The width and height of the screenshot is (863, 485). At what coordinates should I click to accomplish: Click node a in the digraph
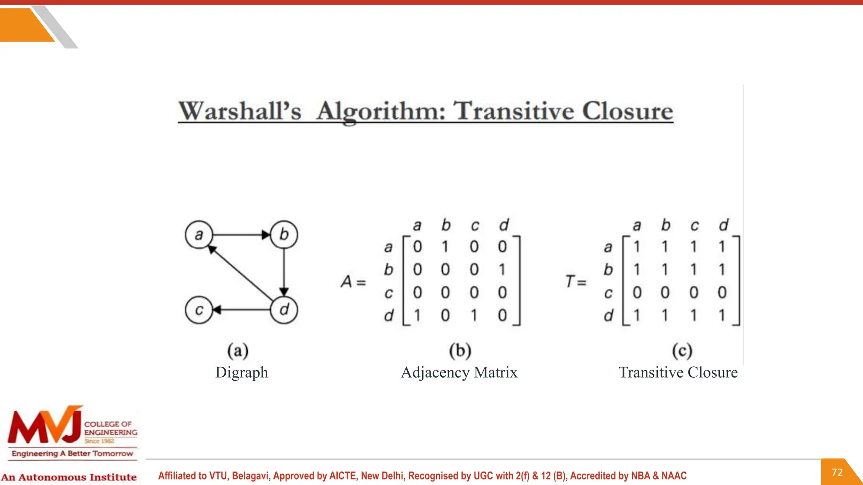[x=199, y=235]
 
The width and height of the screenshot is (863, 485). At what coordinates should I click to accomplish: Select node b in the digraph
[x=284, y=235]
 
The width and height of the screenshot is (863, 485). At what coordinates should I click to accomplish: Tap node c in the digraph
[x=199, y=310]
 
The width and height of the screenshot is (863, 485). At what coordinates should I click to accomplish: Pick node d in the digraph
[x=284, y=310]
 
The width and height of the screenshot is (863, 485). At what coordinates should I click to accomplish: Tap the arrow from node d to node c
[x=241, y=310]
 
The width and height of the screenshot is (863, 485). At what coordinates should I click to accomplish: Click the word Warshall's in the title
[x=240, y=111]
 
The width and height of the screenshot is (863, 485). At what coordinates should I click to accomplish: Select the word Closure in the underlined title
[x=627, y=111]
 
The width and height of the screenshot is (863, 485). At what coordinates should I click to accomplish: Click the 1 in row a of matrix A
[x=445, y=247]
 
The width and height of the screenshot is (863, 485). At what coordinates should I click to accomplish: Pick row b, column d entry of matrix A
[x=502, y=269]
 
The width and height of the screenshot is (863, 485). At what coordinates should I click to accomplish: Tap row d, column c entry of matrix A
[x=474, y=315]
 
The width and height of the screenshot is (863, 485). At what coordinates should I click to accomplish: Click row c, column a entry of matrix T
[x=637, y=292]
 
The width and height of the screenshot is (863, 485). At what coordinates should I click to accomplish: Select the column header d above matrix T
[x=724, y=225]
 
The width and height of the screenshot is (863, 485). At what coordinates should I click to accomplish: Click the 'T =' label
[x=576, y=281]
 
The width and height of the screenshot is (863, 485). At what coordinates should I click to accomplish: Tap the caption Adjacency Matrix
[x=459, y=372]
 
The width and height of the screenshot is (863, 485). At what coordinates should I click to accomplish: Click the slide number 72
[x=837, y=472]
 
